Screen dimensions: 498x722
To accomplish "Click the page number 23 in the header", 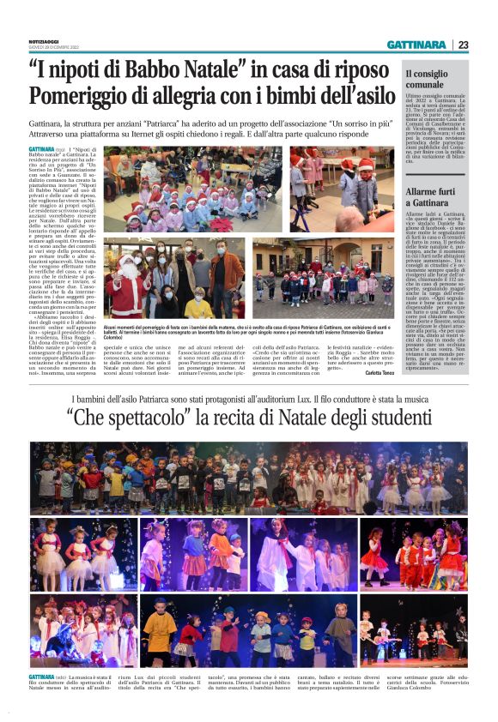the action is pos(463,45).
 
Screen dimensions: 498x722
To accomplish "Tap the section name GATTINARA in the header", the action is pos(416,45).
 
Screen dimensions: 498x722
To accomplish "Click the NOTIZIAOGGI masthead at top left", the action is pos(44,41).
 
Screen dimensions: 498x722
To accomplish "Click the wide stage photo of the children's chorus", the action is pos(248,477).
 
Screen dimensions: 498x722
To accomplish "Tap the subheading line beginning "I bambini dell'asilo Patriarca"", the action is pos(249,398).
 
